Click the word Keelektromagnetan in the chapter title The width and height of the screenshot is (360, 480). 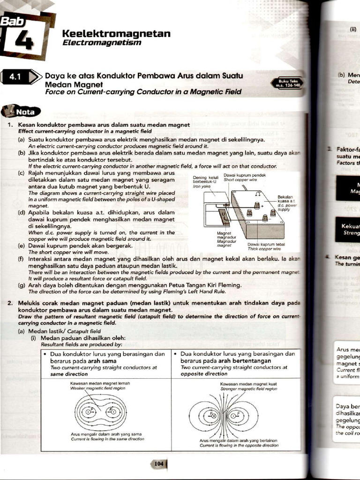point(116,34)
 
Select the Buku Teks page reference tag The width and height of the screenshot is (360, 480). point(287,83)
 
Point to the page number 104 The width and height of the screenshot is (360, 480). point(159,464)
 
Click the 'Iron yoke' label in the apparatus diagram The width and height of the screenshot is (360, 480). point(201,186)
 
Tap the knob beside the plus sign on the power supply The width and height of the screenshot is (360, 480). point(256,205)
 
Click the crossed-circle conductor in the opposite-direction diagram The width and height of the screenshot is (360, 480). point(212,414)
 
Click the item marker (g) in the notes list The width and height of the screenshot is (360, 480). point(22,285)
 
